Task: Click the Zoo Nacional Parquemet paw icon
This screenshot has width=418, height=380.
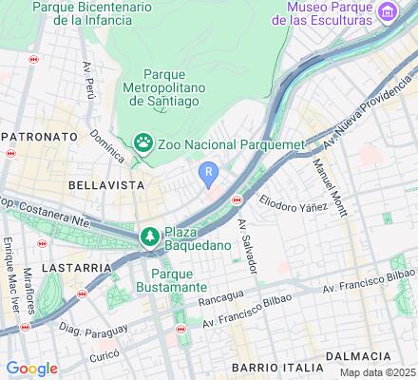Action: pos(143,142)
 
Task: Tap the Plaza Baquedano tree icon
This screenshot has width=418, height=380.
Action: pos(149,237)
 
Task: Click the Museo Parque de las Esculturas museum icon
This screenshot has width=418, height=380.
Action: pos(388,11)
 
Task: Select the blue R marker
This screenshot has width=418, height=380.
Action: pos(208,170)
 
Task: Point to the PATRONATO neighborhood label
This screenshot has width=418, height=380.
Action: pos(38,137)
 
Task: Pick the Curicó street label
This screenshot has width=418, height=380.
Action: pos(104,356)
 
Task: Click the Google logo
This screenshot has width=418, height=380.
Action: pos(31,369)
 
